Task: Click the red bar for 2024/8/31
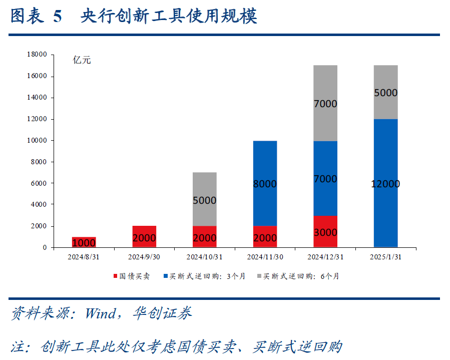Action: pyautogui.click(x=84, y=242)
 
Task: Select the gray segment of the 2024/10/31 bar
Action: pyautogui.click(x=205, y=199)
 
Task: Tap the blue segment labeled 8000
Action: pyautogui.click(x=265, y=183)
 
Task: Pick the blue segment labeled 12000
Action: pyautogui.click(x=385, y=183)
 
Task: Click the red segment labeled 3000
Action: pyautogui.click(x=325, y=231)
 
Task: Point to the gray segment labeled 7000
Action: pyautogui.click(x=325, y=103)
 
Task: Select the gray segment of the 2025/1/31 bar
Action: pyautogui.click(x=385, y=92)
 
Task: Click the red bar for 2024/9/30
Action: pyautogui.click(x=144, y=236)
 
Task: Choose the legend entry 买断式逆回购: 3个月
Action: pyautogui.click(x=204, y=276)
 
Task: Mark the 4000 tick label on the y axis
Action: pyautogui.click(x=39, y=205)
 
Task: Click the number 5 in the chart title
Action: pyautogui.click(x=57, y=17)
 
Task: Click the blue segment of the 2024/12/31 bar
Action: pyautogui.click(x=325, y=178)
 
